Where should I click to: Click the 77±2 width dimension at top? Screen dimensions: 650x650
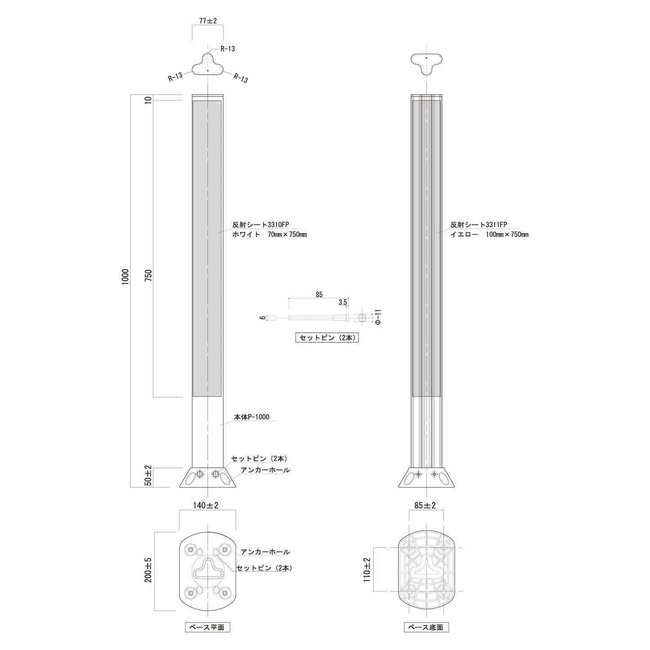pyautogui.click(x=208, y=21)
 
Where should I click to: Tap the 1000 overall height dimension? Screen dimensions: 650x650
pyautogui.click(x=125, y=277)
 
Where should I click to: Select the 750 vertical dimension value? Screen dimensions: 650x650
pyautogui.click(x=148, y=275)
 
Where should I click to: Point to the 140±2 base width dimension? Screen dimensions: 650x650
pyautogui.click(x=206, y=505)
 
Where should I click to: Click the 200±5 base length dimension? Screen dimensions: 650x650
pyautogui.click(x=148, y=570)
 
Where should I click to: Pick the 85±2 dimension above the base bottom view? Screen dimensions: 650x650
pyautogui.click(x=425, y=505)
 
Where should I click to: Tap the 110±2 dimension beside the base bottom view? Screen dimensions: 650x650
pyautogui.click(x=367, y=570)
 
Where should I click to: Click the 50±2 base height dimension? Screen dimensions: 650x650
pyautogui.click(x=148, y=476)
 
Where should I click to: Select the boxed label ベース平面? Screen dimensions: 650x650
pyautogui.click(x=207, y=628)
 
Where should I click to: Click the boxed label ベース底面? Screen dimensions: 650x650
pyautogui.click(x=426, y=628)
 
